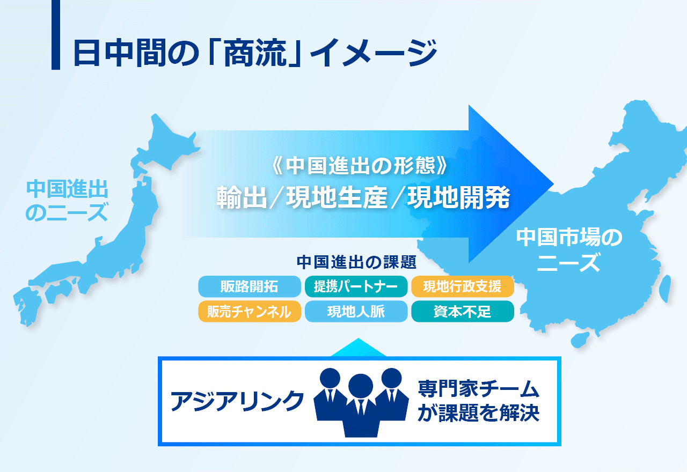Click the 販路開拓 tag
[x=250, y=286]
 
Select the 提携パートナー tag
[x=356, y=286]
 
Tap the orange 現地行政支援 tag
[x=463, y=286]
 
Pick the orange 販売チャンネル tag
[x=250, y=312]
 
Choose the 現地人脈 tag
[x=356, y=312]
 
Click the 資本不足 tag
[x=463, y=312]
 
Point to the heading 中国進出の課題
[x=356, y=262]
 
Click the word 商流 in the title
[x=255, y=53]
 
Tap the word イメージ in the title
[x=374, y=53]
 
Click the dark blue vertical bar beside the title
[x=55, y=35]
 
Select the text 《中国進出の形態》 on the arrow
[x=359, y=166]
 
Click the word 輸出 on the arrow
[x=242, y=197]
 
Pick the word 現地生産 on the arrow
[x=337, y=197]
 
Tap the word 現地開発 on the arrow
[x=458, y=197]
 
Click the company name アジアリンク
[x=237, y=401]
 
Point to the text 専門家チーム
[x=478, y=389]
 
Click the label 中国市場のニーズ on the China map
[x=569, y=249]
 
